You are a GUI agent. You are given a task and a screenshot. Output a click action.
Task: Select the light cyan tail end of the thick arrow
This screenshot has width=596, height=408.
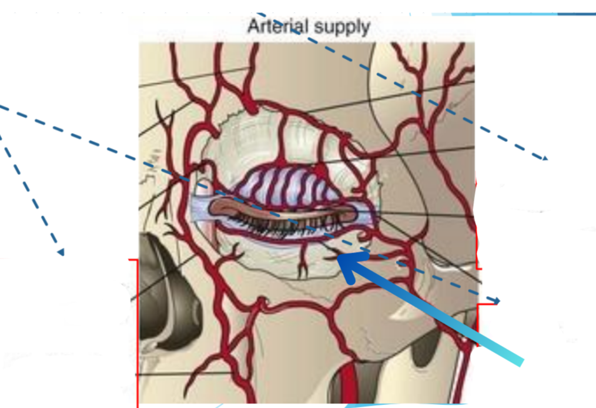pos(517,359)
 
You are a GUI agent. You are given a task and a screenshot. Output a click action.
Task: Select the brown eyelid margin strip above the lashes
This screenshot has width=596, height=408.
pos(282,210)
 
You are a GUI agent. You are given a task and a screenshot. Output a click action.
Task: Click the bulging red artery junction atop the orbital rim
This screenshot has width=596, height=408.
pos(251,106)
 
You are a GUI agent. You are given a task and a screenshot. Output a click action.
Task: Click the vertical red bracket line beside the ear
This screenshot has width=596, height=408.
pos(137,330)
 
